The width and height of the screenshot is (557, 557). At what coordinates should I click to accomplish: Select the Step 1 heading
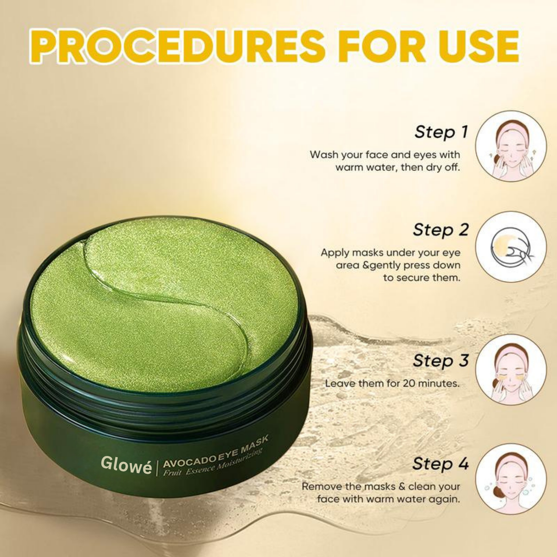(x=441, y=132)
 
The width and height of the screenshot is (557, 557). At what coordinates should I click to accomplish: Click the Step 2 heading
(x=440, y=230)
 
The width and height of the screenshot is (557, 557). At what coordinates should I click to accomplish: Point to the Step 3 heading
(x=440, y=361)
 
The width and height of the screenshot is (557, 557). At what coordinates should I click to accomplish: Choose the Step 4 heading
(x=440, y=464)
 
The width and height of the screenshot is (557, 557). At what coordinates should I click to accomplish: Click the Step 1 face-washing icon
(x=511, y=146)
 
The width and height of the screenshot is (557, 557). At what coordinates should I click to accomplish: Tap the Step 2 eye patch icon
(x=511, y=246)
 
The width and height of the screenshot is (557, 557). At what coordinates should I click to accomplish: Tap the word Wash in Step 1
(x=324, y=155)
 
